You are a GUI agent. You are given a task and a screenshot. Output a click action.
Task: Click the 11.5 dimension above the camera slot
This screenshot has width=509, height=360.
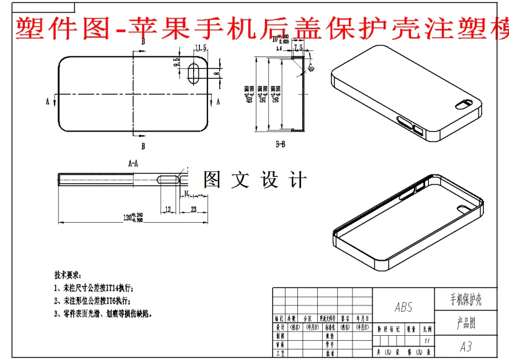[x=200, y=48]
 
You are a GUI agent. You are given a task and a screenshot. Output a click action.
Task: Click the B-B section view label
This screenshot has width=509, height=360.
[x=281, y=144]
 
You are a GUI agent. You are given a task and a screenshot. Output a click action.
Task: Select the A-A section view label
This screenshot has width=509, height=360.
[x=133, y=164]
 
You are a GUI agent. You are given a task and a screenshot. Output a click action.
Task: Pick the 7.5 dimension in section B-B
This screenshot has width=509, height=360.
[x=297, y=47]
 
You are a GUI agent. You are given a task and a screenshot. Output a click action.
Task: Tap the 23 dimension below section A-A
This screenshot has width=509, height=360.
[x=194, y=210]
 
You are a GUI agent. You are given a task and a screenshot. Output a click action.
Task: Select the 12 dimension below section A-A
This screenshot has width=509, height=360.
[x=168, y=210]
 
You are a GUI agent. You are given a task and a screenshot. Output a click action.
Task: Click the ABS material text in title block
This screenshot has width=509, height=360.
[x=403, y=307]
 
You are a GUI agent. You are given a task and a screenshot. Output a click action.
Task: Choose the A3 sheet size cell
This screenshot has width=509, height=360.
[x=466, y=346]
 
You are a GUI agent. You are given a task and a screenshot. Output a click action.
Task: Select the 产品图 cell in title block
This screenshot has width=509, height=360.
[x=466, y=323]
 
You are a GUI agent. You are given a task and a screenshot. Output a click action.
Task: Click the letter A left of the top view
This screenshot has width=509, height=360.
[x=47, y=101]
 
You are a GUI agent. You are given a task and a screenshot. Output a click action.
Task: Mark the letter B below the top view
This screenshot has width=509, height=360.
[x=143, y=146]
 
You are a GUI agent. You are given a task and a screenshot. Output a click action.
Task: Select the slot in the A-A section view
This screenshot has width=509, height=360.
[x=169, y=179]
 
